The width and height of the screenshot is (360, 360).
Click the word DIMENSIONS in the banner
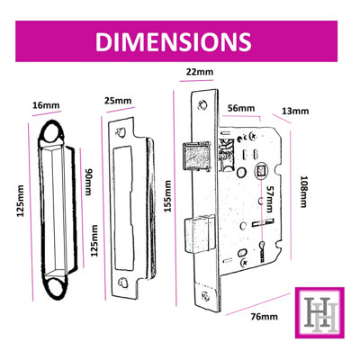click(x=172, y=42)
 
